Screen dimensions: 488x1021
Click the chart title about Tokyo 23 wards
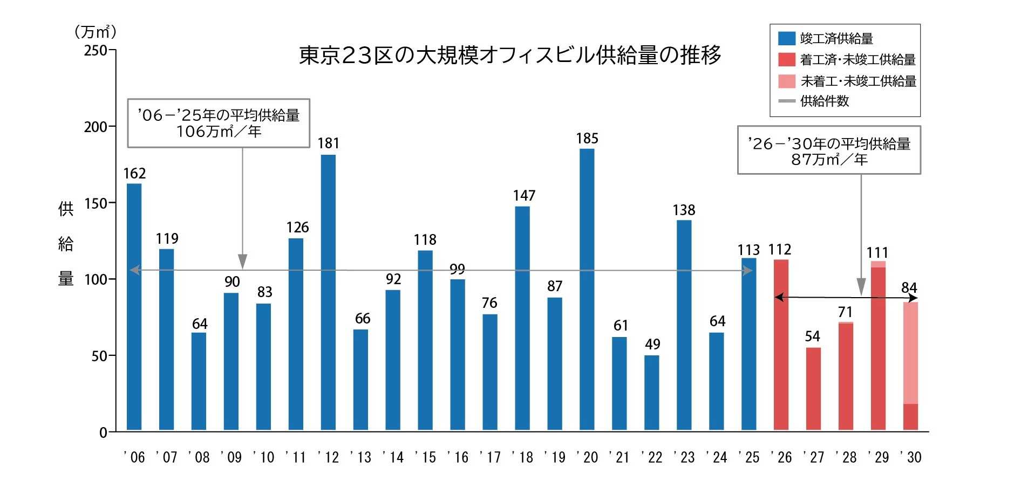(x=510, y=56)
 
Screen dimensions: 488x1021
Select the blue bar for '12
(x=328, y=291)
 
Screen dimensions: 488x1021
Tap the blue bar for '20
(x=587, y=289)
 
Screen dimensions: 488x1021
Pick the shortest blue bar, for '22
(x=651, y=393)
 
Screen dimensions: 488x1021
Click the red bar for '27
(x=813, y=388)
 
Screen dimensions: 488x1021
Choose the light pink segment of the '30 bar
(x=910, y=353)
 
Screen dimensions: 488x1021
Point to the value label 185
(x=587, y=139)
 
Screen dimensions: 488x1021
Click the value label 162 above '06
(x=134, y=174)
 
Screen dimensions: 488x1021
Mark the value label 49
(x=652, y=345)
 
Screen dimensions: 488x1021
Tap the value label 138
(x=684, y=210)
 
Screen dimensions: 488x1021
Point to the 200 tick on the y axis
(x=96, y=127)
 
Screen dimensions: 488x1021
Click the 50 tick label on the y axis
(x=99, y=356)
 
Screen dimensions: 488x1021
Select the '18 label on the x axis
(x=523, y=458)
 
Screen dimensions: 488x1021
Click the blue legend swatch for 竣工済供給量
(x=786, y=38)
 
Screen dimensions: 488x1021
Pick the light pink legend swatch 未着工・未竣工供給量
(x=786, y=81)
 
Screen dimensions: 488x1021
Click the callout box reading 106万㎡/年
(x=219, y=123)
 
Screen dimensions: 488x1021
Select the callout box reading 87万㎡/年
(x=829, y=150)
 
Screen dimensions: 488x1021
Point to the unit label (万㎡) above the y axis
(x=96, y=32)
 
